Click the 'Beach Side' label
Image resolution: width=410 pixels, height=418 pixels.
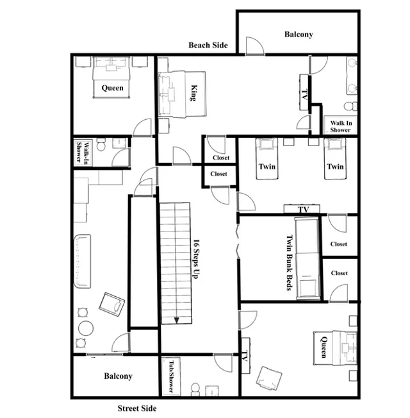208,45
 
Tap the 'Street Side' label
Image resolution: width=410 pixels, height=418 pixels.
137,408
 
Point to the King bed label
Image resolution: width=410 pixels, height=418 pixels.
194,93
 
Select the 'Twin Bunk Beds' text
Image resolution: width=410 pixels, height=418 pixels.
290,263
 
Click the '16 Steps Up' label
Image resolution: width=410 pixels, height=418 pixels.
196,259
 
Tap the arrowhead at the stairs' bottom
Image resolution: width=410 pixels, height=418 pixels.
176,320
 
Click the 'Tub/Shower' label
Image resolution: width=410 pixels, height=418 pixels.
171,376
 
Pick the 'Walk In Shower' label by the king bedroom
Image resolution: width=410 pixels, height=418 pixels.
341,126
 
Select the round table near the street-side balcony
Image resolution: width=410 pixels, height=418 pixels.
86,328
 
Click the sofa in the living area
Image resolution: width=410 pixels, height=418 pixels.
82,262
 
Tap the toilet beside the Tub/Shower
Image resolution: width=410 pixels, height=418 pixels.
195,389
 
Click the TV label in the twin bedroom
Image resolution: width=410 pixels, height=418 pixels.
304,210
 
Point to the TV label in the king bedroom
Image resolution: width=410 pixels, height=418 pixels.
304,95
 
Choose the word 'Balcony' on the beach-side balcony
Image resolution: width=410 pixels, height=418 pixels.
299,34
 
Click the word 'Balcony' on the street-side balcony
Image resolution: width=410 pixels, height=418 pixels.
118,376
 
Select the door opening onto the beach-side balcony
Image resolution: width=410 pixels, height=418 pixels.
255,46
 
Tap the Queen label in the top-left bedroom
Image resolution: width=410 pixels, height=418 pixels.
112,88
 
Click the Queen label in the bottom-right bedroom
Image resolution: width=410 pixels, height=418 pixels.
324,347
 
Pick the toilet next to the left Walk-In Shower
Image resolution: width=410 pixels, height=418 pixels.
101,145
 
